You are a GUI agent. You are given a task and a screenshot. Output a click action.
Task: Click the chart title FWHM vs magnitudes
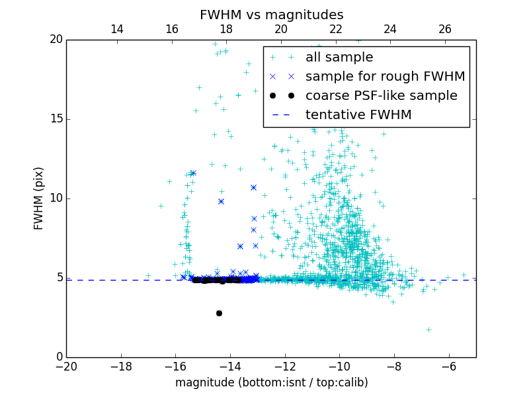pyautogui.click(x=271, y=15)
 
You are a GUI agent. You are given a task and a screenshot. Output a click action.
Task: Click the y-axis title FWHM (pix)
pyautogui.click(x=39, y=198)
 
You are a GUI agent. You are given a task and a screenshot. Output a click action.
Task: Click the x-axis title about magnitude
pyautogui.click(x=271, y=382)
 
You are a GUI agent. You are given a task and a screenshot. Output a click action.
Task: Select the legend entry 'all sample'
pyautogui.click(x=339, y=58)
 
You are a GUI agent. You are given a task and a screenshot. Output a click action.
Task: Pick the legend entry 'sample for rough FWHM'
pyautogui.click(x=385, y=77)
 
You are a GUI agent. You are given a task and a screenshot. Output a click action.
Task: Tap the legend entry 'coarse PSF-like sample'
pyautogui.click(x=381, y=96)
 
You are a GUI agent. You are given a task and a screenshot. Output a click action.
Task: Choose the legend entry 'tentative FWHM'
pyautogui.click(x=358, y=115)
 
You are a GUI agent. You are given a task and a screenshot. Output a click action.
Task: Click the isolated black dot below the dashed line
pyautogui.click(x=219, y=313)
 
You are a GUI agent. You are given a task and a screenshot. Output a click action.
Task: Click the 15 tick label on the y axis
pyautogui.click(x=55, y=119)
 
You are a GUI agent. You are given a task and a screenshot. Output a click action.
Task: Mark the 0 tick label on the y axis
pyautogui.click(x=58, y=357)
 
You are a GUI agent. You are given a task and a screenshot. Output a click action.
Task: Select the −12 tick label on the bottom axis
pyautogui.click(x=285, y=366)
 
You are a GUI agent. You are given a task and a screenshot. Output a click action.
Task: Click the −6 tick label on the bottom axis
pyautogui.click(x=449, y=366)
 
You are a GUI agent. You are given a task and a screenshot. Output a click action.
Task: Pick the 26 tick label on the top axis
pyautogui.click(x=445, y=29)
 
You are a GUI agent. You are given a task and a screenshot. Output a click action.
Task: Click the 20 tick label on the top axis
pyautogui.click(x=281, y=29)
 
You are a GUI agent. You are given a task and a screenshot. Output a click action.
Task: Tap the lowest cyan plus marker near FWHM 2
pyautogui.click(x=428, y=330)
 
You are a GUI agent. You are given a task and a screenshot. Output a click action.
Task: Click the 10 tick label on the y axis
pyautogui.click(x=55, y=198)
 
